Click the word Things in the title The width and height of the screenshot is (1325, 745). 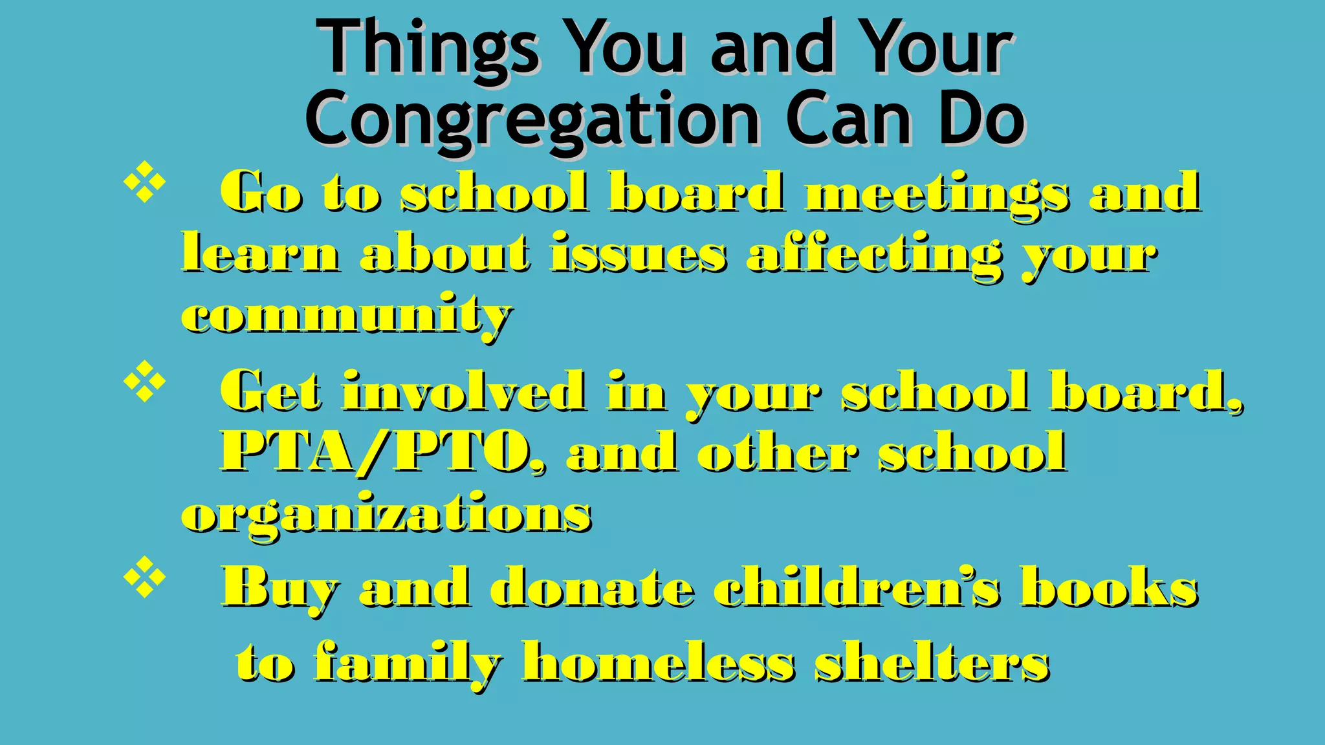tap(430, 49)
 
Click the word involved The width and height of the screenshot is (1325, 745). tap(465, 391)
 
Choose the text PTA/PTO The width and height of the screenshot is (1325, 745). tap(382, 452)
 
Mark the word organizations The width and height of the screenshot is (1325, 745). tap(386, 515)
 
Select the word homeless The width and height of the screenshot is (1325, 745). tap(658, 662)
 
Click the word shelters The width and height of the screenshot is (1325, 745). tap(932, 662)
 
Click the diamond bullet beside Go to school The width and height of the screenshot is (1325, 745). tap(144, 183)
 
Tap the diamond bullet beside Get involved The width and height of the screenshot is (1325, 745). tap(144, 382)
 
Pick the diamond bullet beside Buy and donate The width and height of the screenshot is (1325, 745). tap(144, 577)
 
